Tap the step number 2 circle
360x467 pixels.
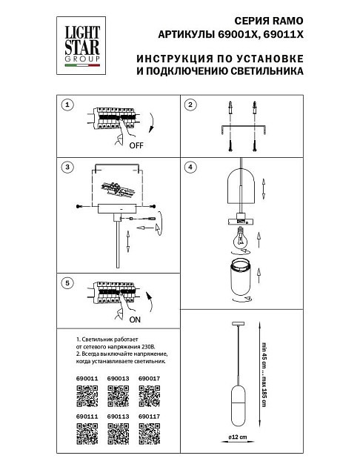point(190,105)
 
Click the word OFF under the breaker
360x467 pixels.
point(136,146)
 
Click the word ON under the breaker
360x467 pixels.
point(136,322)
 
